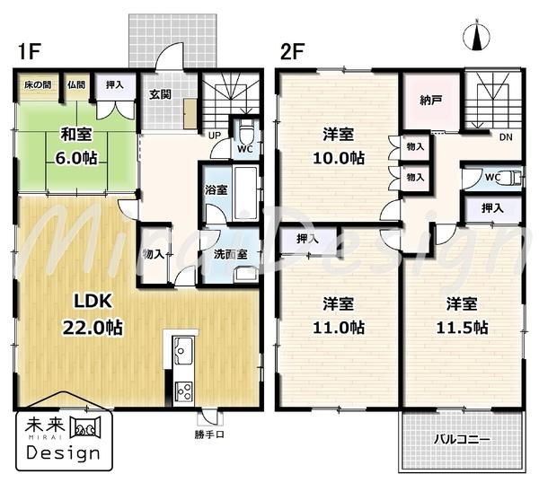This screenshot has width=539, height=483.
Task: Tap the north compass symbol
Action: click(x=475, y=38)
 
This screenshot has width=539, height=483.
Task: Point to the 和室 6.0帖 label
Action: click(x=79, y=145)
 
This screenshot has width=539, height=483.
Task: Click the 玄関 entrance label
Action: click(x=162, y=96)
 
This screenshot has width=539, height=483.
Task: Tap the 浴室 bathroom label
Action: click(x=216, y=190)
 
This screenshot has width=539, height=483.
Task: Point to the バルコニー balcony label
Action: click(x=461, y=441)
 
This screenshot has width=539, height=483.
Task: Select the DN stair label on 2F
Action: click(x=506, y=136)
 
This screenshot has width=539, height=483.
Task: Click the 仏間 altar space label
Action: click(x=76, y=85)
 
